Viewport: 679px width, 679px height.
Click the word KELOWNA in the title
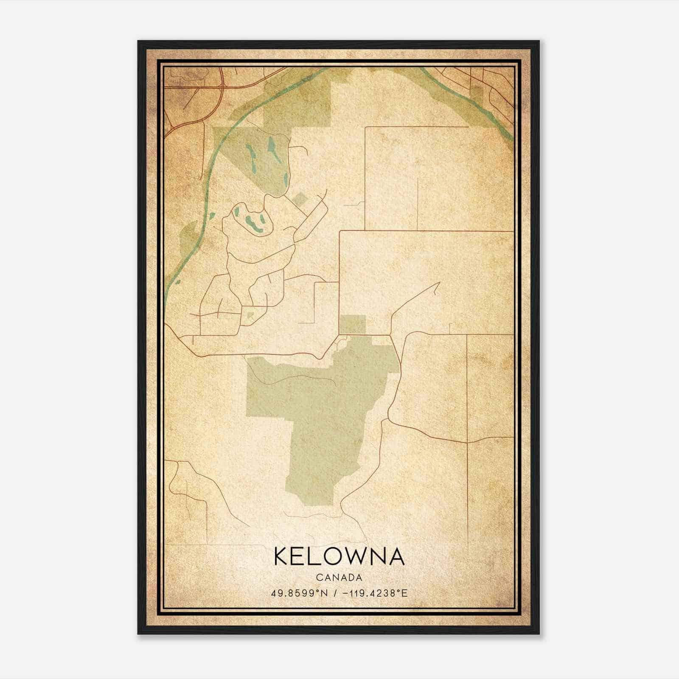pos(339,556)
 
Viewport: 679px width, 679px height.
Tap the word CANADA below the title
pos(339,578)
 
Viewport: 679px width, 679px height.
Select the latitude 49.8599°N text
pos(300,593)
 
